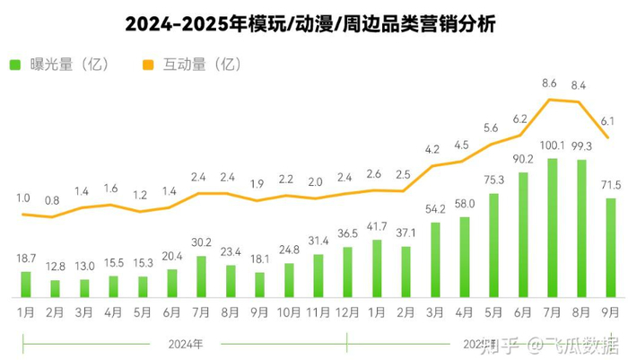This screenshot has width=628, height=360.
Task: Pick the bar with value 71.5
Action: (610, 248)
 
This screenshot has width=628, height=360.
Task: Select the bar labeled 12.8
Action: (55, 288)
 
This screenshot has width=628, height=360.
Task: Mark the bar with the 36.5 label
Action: (347, 272)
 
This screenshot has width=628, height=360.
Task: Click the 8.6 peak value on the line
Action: (550, 83)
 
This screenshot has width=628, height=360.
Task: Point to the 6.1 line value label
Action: (607, 120)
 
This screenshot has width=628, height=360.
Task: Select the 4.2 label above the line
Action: (433, 149)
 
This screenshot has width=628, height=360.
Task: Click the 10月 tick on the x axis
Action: (288, 313)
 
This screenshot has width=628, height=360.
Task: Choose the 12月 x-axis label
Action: (346, 313)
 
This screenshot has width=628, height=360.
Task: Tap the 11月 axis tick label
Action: (318, 313)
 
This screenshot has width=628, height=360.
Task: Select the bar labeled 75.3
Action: (493, 245)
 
